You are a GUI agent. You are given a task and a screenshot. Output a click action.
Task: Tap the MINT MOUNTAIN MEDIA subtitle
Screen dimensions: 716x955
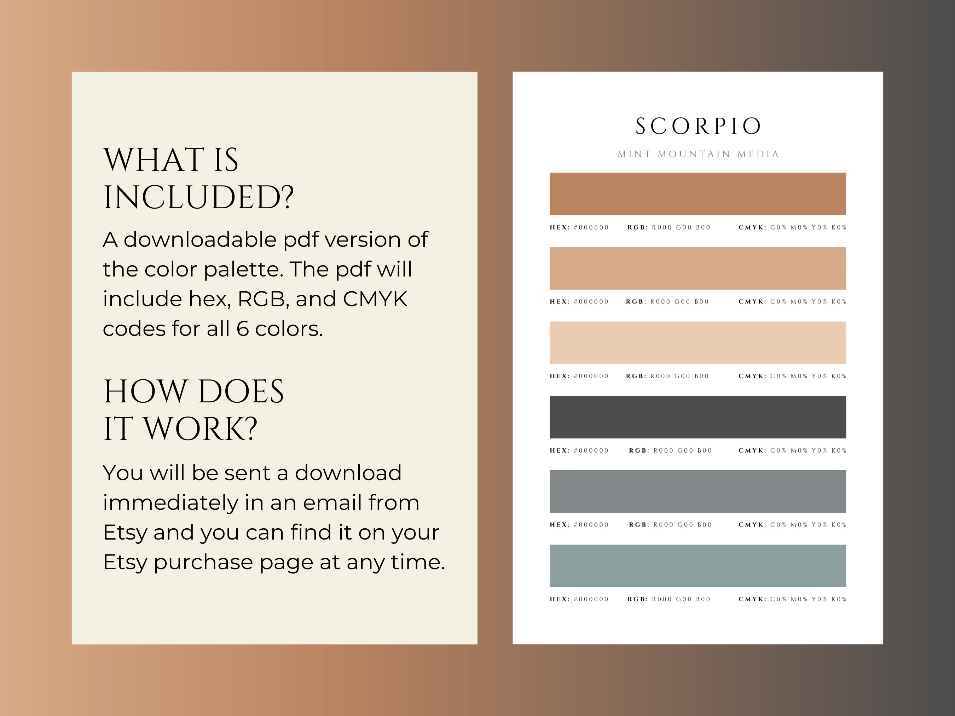click(698, 155)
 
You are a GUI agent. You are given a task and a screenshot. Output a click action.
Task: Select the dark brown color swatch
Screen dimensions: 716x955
click(698, 194)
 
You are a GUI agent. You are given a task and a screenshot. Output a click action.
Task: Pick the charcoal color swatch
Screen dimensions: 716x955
click(698, 417)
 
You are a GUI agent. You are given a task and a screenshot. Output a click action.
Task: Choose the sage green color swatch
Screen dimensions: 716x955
click(698, 566)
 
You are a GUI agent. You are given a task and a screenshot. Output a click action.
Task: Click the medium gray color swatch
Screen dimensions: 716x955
click(698, 491)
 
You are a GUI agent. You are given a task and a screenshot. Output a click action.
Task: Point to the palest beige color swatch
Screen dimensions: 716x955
click(698, 343)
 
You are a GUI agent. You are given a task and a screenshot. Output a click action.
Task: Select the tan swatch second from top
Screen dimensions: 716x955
click(698, 268)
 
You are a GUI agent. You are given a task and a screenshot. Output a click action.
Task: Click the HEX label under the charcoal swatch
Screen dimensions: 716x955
click(560, 450)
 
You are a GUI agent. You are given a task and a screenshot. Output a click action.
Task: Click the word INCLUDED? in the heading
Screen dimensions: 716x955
click(198, 198)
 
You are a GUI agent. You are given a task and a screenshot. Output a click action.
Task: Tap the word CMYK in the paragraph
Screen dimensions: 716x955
click(375, 299)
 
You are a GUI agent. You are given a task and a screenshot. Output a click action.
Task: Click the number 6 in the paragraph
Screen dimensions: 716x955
click(243, 329)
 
